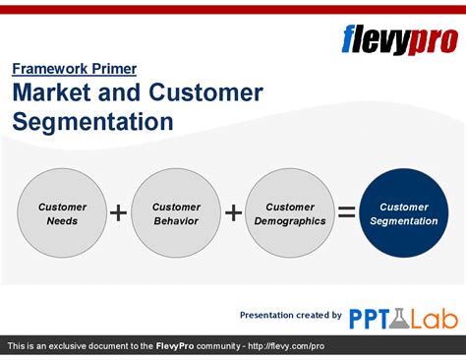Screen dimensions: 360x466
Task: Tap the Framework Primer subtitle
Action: pos(74,69)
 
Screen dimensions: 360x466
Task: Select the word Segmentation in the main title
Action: pos(92,122)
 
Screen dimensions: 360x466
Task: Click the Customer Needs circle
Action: pos(62,213)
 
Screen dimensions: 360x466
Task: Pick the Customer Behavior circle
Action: pos(176,213)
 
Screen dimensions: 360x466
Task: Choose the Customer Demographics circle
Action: pos(290,213)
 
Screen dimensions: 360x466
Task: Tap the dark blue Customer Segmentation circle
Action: pos(404,213)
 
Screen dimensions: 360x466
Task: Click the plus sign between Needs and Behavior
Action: pos(119,213)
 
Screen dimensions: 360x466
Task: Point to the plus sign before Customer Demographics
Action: pos(233,213)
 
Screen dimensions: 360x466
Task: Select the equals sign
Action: pos(347,213)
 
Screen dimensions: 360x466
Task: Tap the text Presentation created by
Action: pos(291,315)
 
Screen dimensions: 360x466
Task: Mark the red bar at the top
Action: pos(233,9)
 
